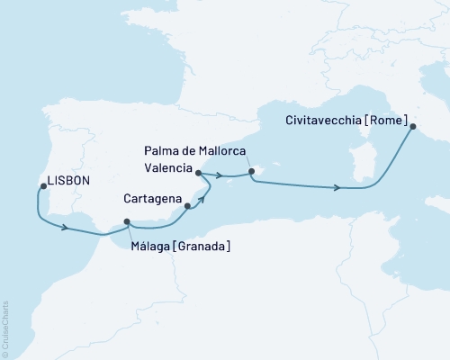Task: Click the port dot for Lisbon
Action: (x=42, y=187)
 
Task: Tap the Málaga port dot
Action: (x=127, y=222)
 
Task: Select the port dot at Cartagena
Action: (x=187, y=206)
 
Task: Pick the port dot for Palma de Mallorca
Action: (x=252, y=171)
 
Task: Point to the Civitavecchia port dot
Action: (x=413, y=127)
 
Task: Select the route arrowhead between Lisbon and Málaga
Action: (x=66, y=228)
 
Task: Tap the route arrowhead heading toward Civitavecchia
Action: (x=337, y=188)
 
